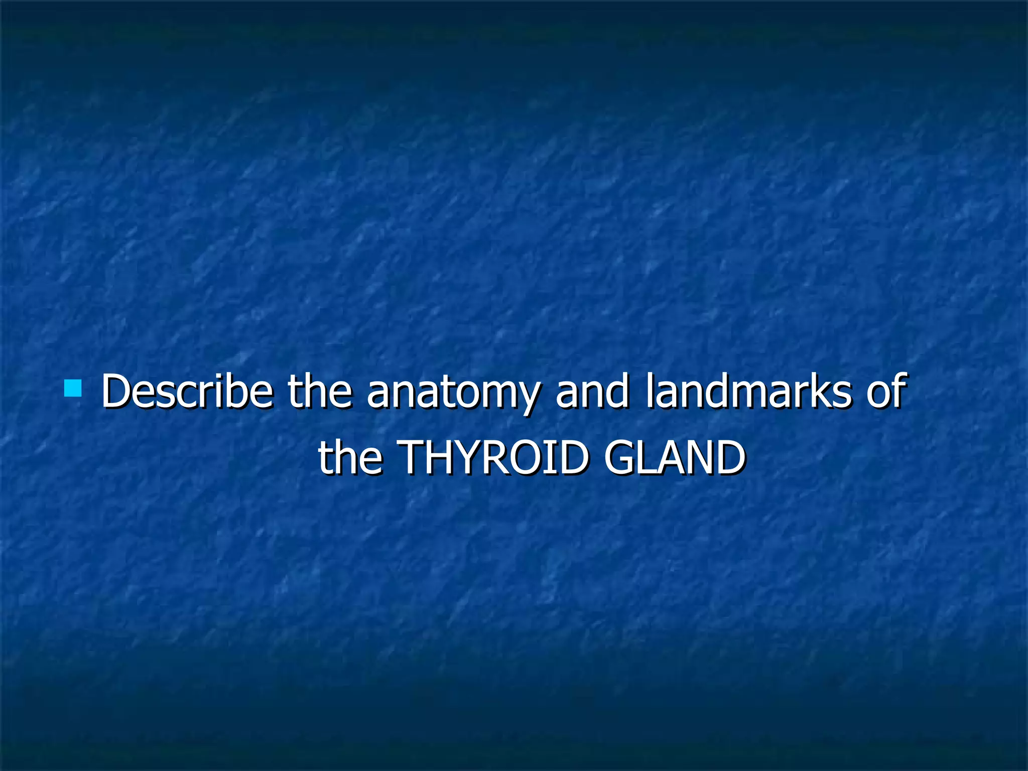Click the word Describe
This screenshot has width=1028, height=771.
pos(187,392)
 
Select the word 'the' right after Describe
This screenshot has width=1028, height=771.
pos(319,392)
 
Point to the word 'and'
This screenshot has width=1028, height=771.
pos(592,392)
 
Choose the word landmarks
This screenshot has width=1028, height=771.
pos(748,392)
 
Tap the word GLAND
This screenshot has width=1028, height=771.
pos(675,458)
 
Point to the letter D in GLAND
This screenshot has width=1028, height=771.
pos(728,458)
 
